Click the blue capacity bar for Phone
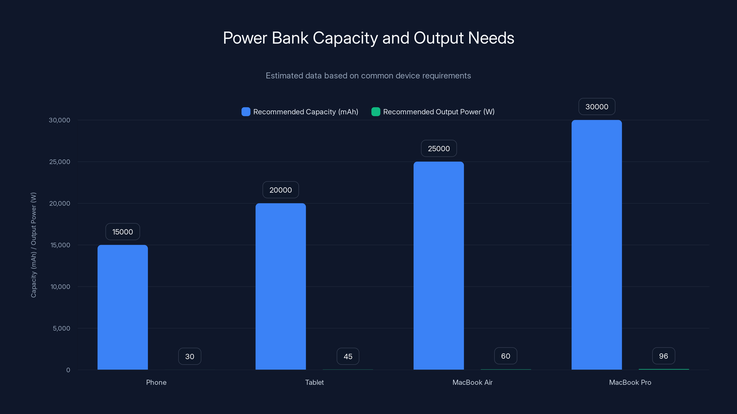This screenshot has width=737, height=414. [123, 307]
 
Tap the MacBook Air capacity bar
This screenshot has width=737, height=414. [439, 265]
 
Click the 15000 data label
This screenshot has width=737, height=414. [123, 232]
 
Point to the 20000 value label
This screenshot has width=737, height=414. [280, 190]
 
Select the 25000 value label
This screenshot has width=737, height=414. [439, 149]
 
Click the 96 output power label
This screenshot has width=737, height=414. [663, 356]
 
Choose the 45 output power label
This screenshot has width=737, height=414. [348, 356]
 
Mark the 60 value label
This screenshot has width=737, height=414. [505, 356]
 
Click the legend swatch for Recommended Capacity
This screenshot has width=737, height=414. [246, 112]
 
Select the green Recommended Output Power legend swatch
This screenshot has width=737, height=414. [375, 112]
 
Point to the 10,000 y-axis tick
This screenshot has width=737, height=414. [60, 287]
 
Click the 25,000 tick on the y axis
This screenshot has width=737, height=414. [59, 162]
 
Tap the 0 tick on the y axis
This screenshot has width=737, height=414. [68, 370]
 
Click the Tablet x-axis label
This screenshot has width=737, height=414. [314, 382]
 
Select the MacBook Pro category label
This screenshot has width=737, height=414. [630, 382]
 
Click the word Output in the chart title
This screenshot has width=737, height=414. [438, 38]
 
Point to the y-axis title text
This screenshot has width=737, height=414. [33, 245]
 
